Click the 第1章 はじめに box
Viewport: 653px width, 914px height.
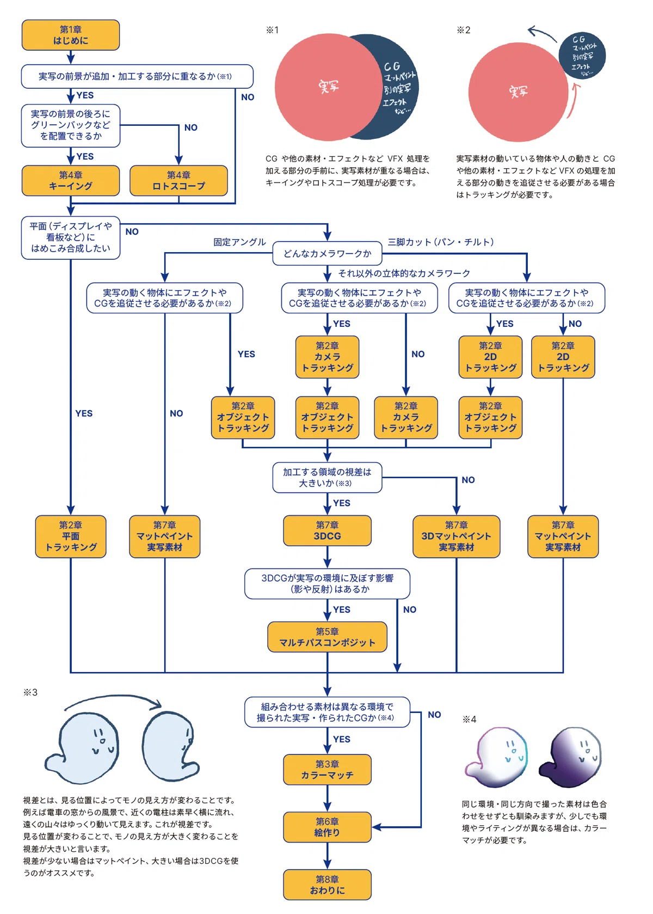[x=71, y=35]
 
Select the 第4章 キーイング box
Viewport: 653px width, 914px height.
[x=71, y=180]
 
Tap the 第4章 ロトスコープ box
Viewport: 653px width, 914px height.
[x=178, y=180]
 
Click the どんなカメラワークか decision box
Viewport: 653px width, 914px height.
[x=327, y=253]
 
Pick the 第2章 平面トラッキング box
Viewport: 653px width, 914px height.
[x=71, y=536]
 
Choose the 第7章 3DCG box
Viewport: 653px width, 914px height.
[x=327, y=531]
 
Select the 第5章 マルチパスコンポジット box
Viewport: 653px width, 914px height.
[x=327, y=637]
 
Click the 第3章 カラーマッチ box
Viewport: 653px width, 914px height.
[x=327, y=770]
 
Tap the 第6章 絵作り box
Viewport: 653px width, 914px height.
[x=327, y=827]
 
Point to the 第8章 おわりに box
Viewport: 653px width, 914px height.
[x=327, y=885]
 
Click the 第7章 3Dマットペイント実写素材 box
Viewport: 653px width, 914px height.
[x=456, y=536]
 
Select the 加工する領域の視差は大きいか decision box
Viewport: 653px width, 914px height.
[x=327, y=477]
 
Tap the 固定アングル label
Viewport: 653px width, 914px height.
[x=239, y=242]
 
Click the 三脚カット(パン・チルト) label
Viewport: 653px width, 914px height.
[x=441, y=242]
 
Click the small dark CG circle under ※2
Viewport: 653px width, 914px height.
[x=582, y=56]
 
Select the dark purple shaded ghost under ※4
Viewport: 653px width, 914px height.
[x=571, y=757]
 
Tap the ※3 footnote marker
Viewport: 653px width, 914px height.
[x=30, y=692]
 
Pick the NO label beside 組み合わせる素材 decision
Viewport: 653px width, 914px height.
[x=435, y=715]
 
